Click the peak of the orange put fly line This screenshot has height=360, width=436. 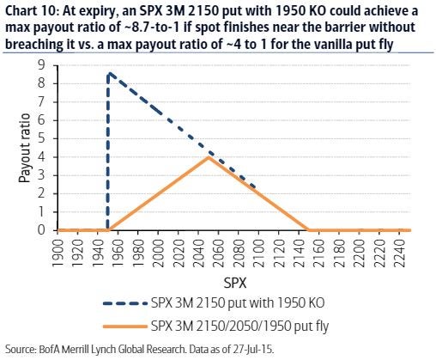point(209,157)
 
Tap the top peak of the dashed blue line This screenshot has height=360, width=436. point(109,73)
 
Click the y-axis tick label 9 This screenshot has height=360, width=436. point(41,65)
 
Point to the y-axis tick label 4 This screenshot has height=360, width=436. point(41,157)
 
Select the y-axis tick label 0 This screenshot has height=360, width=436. point(41,230)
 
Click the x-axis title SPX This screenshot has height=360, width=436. point(234,283)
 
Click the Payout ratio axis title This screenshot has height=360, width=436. point(25,148)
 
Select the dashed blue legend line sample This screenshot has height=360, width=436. point(125,303)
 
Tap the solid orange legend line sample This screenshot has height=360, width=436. point(125,326)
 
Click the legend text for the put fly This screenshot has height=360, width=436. point(239,326)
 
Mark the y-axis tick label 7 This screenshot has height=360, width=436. point(41,102)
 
